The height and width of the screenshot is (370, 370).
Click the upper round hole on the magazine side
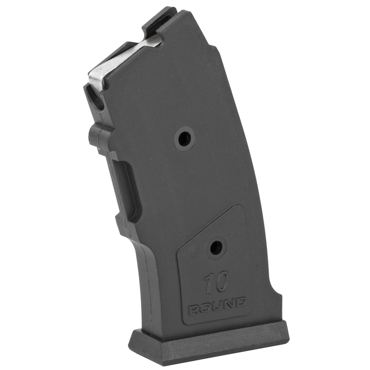(x=185, y=138)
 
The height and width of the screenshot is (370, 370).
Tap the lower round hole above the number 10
(x=216, y=248)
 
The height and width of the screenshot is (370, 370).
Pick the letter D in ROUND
(x=240, y=302)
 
